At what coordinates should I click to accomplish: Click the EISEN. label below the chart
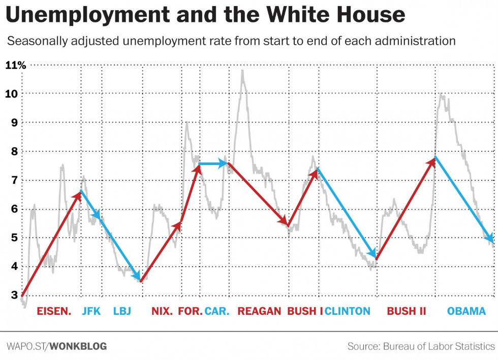(53, 311)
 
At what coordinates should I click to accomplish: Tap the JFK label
(91, 311)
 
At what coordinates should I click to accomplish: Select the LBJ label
(122, 311)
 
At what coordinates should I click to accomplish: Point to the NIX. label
(162, 311)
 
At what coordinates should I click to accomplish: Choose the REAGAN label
(259, 311)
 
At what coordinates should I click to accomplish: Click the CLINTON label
(348, 311)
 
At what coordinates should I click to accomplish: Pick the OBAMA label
(466, 311)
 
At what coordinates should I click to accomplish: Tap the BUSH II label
(406, 311)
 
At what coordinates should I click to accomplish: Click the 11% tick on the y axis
(15, 65)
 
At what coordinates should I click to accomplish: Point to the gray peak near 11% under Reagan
(242, 72)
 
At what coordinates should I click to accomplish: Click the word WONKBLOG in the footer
(78, 346)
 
